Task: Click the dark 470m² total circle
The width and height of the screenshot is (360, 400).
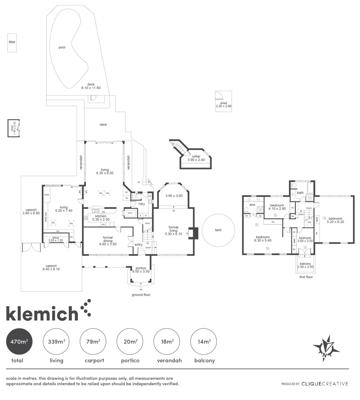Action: [19, 342]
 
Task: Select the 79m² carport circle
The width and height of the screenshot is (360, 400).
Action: [93, 342]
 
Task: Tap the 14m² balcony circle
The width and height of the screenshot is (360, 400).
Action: [203, 342]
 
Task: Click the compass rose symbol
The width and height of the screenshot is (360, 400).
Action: [326, 348]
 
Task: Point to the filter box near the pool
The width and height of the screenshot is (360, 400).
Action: [12, 42]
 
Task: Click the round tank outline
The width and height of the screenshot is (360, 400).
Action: [218, 230]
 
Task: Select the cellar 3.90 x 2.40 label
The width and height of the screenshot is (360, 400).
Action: [196, 158]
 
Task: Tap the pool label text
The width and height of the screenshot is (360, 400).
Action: [62, 47]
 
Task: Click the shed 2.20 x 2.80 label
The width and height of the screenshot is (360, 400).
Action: [223, 105]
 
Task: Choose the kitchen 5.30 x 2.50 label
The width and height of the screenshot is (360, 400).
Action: [101, 218]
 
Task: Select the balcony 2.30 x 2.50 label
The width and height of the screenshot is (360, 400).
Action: [305, 265]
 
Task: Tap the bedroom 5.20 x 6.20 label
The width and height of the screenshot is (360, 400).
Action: [336, 220]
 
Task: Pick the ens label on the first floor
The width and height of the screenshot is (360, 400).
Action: [252, 204]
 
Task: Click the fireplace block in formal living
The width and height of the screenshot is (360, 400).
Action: [195, 233]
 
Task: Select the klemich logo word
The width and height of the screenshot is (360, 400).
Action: [42, 314]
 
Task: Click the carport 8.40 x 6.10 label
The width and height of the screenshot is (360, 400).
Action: [51, 267]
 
